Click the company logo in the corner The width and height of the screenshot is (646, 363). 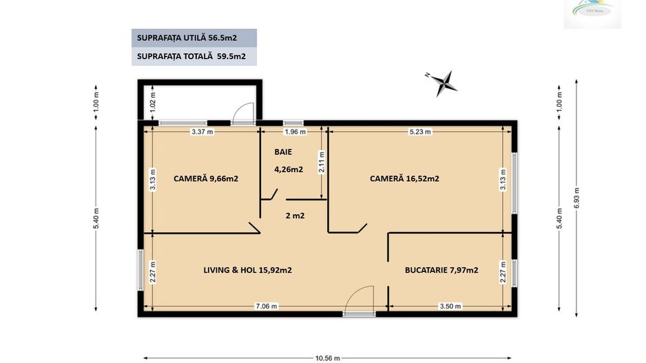(x=592, y=14)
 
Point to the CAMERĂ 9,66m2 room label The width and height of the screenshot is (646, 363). (x=206, y=178)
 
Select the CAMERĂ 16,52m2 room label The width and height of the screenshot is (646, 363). (x=404, y=178)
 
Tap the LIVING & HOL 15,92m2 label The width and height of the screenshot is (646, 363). (x=247, y=270)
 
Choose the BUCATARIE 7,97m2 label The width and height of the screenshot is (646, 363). (x=441, y=270)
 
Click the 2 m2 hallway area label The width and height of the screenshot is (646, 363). (x=295, y=216)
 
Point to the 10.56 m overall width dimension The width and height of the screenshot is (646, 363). (x=329, y=358)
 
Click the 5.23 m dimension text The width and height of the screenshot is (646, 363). (x=420, y=132)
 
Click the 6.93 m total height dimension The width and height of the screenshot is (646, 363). (x=576, y=200)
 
